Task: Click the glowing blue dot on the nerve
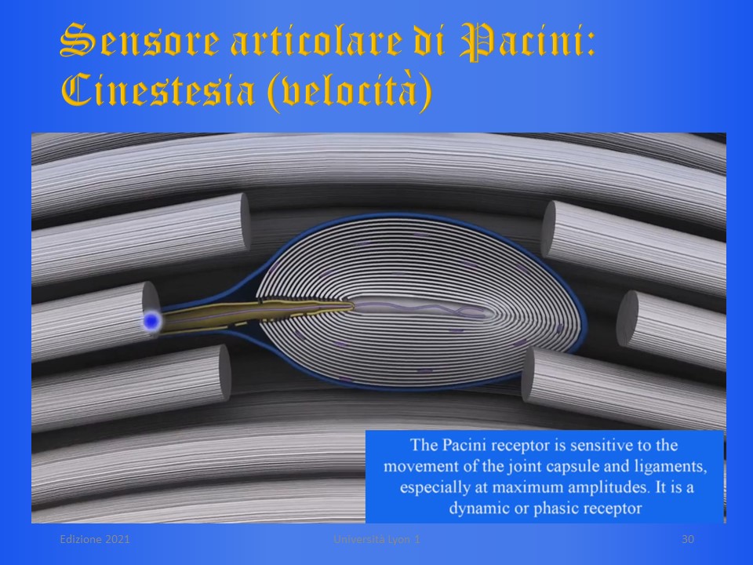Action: click(x=151, y=321)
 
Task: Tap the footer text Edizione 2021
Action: click(x=95, y=539)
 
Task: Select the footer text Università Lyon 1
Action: click(x=377, y=539)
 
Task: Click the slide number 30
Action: click(x=688, y=539)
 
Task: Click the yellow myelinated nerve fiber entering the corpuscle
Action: click(x=254, y=315)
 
